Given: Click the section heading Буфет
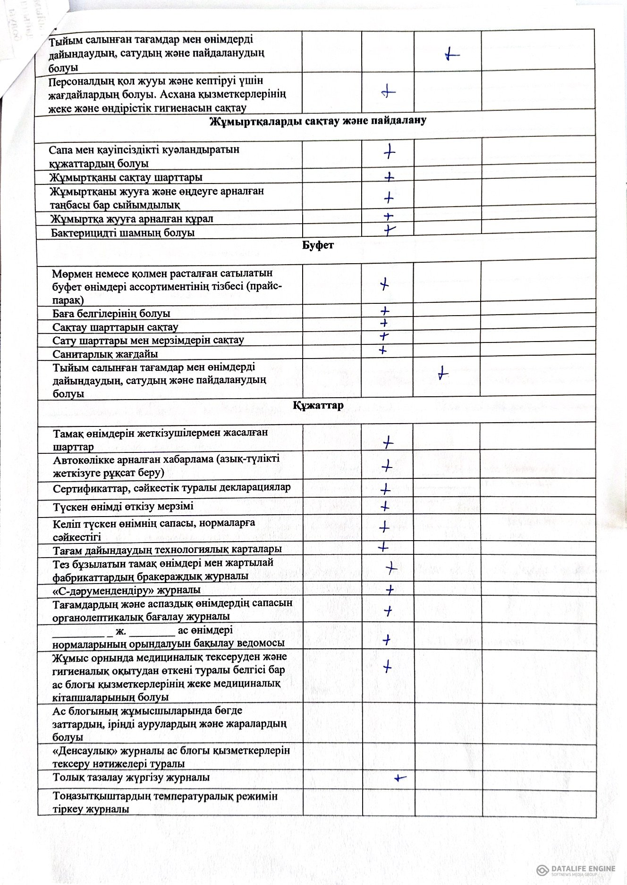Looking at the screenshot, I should [x=317, y=245].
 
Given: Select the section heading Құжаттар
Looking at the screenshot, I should [x=318, y=406].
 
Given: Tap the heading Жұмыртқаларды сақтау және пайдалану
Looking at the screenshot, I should [x=317, y=120].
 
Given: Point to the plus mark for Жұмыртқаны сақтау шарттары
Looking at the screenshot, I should [x=389, y=177].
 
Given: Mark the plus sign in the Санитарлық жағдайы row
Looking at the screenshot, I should [x=383, y=350].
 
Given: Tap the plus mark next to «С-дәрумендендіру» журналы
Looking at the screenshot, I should [x=390, y=590].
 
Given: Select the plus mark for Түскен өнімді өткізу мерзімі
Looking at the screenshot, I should [x=385, y=507].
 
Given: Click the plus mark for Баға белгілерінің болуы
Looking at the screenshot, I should [x=385, y=311].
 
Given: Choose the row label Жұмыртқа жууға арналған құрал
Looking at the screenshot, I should [x=132, y=219].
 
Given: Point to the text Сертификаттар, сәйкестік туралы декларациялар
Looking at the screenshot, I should [x=171, y=488].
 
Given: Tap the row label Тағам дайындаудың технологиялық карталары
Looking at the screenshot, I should [x=167, y=549].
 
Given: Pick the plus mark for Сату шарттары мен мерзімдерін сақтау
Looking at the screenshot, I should [x=384, y=336].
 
